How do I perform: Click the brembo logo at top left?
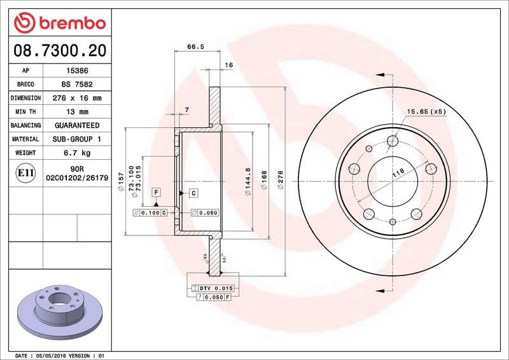click(59, 23)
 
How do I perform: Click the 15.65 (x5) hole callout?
click(426, 111)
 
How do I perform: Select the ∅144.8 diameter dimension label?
click(248, 180)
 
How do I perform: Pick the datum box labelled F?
click(155, 191)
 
